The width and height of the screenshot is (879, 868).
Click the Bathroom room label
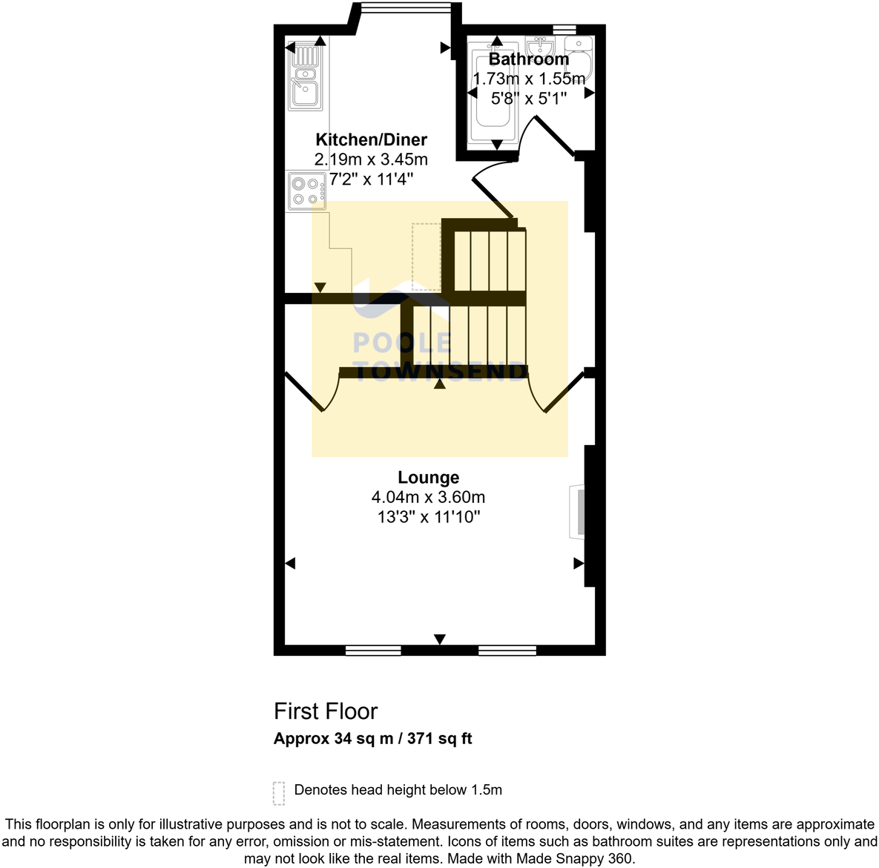[x=528, y=59]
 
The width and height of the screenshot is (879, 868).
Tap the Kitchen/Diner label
[x=371, y=139]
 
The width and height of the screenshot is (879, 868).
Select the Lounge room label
[x=428, y=477]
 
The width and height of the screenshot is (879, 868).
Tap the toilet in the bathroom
[x=578, y=56]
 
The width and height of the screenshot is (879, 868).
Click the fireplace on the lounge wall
[x=576, y=511]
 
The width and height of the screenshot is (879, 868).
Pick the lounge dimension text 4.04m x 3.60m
[x=428, y=497]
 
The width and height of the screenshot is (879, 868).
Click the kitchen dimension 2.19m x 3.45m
[x=371, y=159]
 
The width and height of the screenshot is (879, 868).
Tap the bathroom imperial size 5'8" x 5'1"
[x=528, y=98]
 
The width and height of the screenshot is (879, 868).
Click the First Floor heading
[x=326, y=711]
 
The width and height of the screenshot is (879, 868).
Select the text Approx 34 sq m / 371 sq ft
[x=372, y=739]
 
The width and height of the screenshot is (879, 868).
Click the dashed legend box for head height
[x=279, y=792]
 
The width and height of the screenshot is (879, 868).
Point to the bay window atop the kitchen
[x=405, y=8]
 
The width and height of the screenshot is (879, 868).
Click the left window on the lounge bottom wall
[x=373, y=651]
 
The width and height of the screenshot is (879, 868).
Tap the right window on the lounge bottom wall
[x=507, y=651]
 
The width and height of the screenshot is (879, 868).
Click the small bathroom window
[x=564, y=29]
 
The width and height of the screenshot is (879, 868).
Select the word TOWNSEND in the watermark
[x=440, y=372]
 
